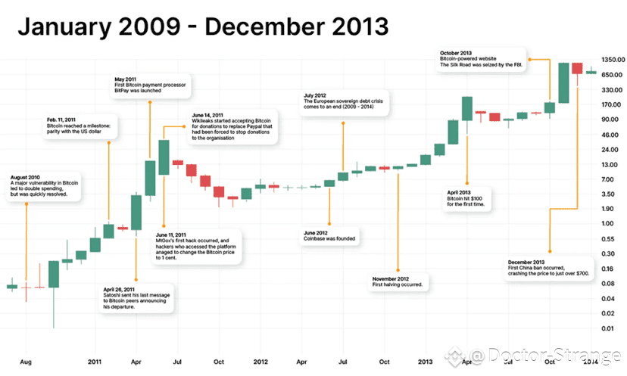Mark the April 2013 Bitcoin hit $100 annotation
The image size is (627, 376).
(x=467, y=198)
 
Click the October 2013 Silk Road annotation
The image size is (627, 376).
(x=482, y=61)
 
